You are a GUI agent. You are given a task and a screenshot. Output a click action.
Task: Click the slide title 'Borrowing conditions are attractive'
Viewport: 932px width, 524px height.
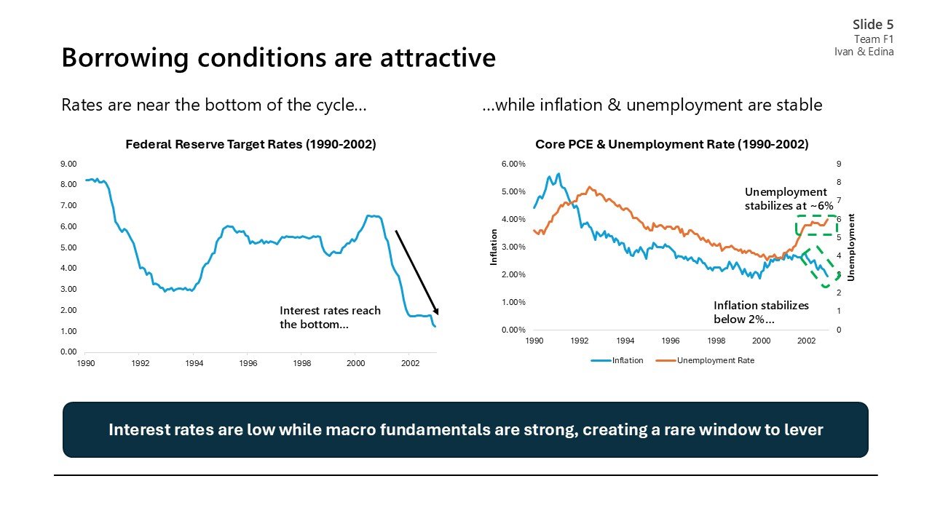coord(278,57)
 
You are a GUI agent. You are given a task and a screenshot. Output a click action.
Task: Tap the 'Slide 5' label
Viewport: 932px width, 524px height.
coord(873,25)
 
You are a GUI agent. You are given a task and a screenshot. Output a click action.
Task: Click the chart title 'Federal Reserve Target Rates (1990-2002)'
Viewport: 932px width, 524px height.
coord(250,144)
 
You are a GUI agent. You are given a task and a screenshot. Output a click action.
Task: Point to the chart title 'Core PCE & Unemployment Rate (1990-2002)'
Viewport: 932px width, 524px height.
coord(671,144)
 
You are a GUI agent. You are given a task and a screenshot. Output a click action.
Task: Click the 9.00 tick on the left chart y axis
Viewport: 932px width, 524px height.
coord(68,164)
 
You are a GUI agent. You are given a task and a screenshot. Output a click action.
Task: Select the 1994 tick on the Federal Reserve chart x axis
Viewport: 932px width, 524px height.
coord(194,362)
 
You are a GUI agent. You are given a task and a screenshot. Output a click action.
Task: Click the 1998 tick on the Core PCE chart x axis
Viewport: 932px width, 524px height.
coord(716,341)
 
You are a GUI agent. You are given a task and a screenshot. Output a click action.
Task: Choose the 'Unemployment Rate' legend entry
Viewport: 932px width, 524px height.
coord(715,360)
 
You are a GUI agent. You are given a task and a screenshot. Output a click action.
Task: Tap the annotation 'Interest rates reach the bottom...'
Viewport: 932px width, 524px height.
coord(330,317)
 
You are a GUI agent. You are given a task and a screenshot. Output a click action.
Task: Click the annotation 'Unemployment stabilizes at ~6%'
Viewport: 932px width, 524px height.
coord(788,199)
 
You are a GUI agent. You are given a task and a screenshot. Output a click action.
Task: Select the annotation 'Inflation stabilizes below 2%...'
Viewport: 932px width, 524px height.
coord(760,312)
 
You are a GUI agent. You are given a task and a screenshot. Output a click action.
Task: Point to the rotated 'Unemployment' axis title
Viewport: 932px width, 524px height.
coord(851,247)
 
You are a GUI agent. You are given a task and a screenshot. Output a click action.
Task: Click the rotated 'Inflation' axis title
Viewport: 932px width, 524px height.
coord(494,247)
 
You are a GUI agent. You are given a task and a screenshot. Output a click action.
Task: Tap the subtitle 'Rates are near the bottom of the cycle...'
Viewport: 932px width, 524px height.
coord(213,105)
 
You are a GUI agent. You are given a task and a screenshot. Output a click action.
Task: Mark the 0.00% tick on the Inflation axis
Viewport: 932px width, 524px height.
coord(513,330)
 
